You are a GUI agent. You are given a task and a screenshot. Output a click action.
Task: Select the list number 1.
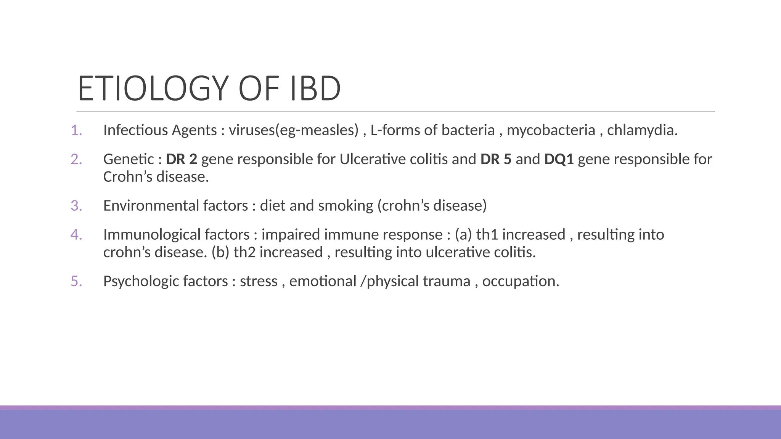[x=76, y=130]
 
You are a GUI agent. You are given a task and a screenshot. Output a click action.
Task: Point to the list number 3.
[x=76, y=206]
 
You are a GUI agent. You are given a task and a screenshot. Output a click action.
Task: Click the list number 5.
[x=76, y=281]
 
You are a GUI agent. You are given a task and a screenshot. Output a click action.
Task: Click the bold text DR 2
[x=182, y=159]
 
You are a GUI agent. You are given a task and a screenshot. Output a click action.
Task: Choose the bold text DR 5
[x=496, y=159]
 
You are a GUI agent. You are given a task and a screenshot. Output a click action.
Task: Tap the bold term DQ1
[x=559, y=159]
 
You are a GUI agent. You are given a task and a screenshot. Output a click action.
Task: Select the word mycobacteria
[x=551, y=130]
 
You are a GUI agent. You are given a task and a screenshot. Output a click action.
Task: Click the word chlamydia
[x=642, y=130]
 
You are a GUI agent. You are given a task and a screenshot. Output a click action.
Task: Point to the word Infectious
[x=135, y=130]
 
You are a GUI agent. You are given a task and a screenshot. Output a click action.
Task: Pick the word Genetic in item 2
[x=129, y=159]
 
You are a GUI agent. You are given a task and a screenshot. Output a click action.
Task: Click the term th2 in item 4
[x=244, y=252]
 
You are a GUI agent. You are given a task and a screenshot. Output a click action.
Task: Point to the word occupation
[x=520, y=281]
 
